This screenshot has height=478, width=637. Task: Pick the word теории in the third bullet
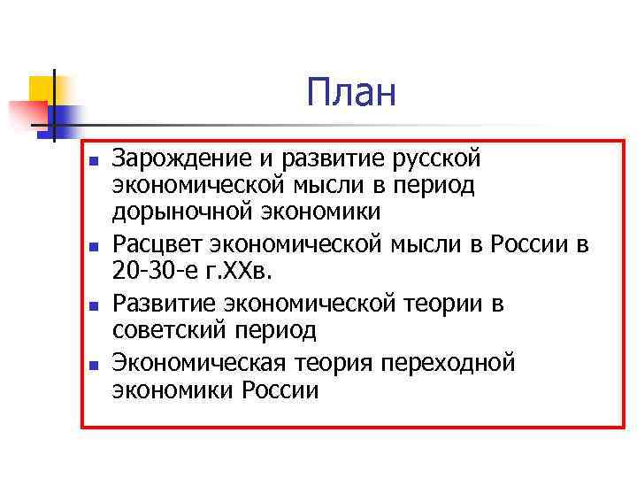446,305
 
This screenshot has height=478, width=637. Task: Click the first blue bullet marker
91,161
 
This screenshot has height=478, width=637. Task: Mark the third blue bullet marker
91,306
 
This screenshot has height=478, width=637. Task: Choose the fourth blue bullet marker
91,365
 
